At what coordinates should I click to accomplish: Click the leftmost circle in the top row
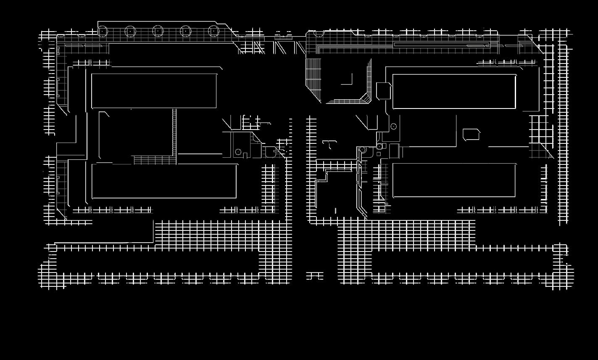(103, 31)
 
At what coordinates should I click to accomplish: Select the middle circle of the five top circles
(158, 31)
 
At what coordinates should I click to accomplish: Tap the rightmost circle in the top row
(213, 31)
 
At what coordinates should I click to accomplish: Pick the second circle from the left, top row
(130, 31)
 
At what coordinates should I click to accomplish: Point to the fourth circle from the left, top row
(186, 31)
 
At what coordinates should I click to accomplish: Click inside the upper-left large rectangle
(154, 91)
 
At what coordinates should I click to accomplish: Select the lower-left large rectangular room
(164, 181)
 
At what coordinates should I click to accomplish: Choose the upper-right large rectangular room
(454, 92)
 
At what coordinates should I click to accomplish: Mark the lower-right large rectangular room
(454, 180)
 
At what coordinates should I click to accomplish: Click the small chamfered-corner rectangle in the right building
(471, 135)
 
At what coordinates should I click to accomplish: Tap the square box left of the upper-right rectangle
(383, 91)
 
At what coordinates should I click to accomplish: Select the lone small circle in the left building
(238, 152)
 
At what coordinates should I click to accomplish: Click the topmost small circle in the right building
(394, 126)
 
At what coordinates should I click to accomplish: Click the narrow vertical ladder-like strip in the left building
(174, 132)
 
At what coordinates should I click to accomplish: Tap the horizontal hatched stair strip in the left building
(155, 160)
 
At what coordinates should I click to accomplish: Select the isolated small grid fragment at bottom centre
(315, 276)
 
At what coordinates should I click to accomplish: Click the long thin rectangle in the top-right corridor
(441, 44)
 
